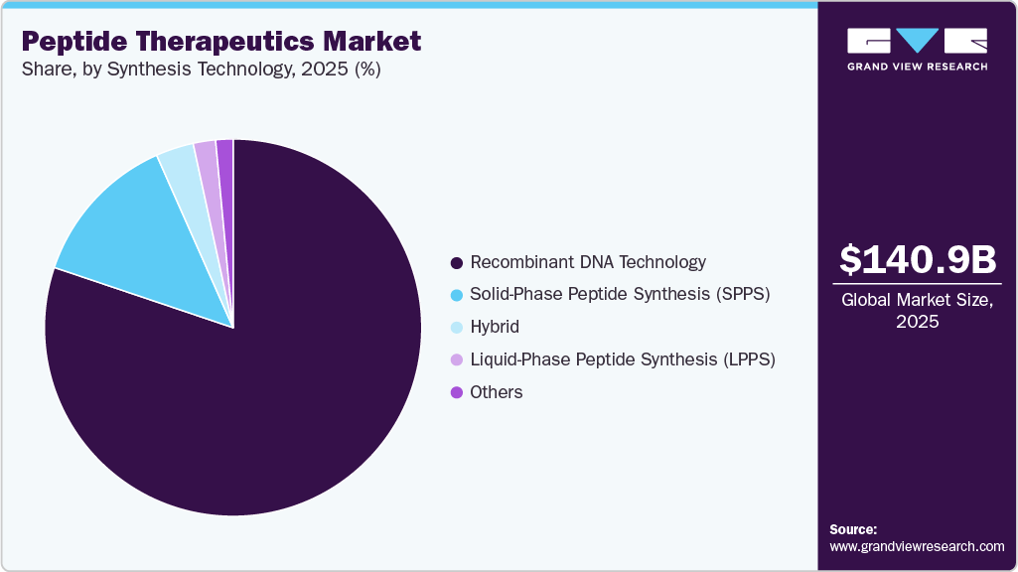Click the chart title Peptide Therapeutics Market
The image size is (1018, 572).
click(220, 42)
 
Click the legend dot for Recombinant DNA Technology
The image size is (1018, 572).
click(457, 263)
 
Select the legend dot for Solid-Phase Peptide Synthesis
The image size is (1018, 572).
click(457, 295)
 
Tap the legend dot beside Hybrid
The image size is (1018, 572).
click(457, 328)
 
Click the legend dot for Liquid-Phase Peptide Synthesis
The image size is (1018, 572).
click(457, 359)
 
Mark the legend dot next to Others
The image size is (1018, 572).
click(457, 392)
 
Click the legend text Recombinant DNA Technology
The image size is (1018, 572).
click(588, 262)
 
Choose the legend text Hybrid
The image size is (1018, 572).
click(495, 327)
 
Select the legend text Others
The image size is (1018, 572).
click(497, 392)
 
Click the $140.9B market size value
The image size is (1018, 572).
click(917, 259)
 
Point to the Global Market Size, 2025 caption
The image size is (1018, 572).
click(917, 311)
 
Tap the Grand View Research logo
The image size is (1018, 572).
click(917, 49)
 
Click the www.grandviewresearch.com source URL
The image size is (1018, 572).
click(917, 546)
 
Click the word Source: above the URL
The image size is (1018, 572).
click(853, 529)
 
